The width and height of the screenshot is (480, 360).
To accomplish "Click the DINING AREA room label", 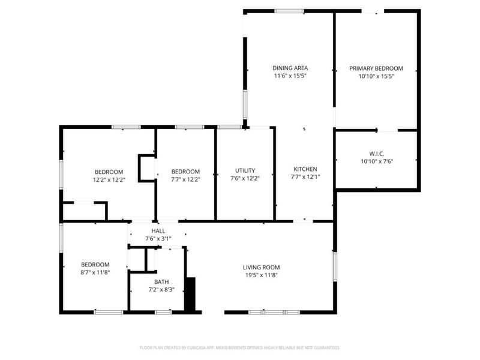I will (290, 68).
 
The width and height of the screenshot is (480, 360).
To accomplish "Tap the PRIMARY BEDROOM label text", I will (376, 68).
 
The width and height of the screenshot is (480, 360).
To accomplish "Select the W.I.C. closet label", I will (376, 153).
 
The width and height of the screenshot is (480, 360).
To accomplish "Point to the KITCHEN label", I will (305, 169).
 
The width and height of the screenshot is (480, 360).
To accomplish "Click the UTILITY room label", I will (245, 170).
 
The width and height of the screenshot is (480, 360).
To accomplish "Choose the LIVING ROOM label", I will (261, 267).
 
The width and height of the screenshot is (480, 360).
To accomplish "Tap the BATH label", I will (161, 281).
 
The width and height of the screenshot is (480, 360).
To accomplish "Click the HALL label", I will (158, 230).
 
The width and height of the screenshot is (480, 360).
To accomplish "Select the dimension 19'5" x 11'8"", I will (261, 275).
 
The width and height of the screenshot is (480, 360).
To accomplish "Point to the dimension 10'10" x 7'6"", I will (376, 161).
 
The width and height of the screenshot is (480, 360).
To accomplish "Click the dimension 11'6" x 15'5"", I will (290, 76).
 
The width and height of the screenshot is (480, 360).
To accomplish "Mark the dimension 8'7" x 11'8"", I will (95, 272).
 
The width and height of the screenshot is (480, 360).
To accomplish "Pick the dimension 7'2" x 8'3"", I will (161, 290).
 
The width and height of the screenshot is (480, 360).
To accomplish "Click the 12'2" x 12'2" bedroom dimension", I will (109, 179).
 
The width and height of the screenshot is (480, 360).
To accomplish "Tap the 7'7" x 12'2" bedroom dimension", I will (185, 179).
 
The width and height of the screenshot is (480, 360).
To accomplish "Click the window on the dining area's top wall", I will (289, 10).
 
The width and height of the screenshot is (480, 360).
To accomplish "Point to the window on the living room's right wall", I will (335, 266).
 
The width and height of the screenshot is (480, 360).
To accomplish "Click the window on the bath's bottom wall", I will (163, 312).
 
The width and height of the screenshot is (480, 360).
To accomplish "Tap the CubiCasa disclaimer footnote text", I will (239, 347).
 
